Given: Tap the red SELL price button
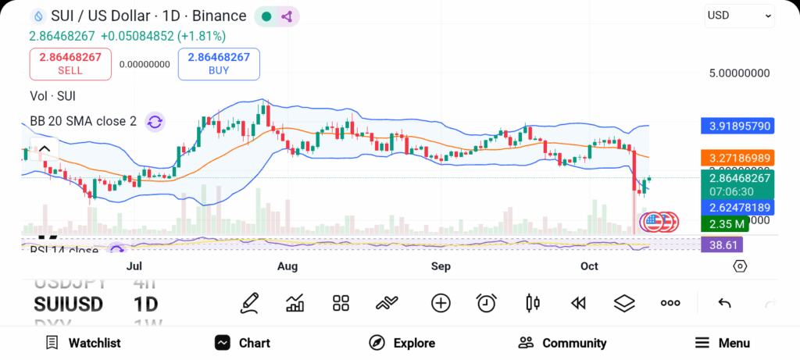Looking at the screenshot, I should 66,64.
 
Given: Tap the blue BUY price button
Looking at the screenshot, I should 219,64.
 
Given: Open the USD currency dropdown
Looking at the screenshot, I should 738,16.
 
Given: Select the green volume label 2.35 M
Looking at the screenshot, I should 723,224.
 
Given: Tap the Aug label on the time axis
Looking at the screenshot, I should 287,266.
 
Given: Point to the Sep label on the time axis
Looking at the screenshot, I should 441,266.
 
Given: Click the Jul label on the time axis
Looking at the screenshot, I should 134,266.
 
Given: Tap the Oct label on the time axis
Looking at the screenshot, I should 589,266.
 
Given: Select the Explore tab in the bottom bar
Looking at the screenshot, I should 402,343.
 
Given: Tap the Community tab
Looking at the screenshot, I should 562,343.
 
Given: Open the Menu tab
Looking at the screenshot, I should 723,343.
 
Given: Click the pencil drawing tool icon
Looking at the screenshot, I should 250,303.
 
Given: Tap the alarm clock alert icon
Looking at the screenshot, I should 487,303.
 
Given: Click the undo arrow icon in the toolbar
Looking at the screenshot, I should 724,303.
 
